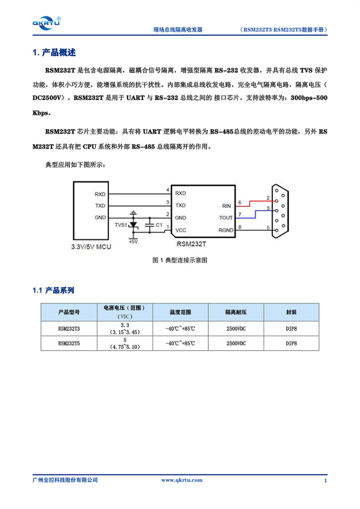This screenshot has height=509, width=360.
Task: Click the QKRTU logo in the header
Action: point(46,22)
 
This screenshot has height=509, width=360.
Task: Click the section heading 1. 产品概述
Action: point(54,52)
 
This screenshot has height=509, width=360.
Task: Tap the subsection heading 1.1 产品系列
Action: point(53,291)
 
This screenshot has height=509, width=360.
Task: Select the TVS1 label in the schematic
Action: point(121,225)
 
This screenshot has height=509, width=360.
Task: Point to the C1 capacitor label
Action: point(159,225)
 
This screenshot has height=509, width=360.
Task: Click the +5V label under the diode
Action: point(133,241)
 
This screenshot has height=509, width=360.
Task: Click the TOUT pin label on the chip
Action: point(226,218)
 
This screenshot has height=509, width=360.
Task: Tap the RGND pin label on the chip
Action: point(226,230)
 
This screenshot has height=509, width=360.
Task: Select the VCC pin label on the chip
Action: point(180,230)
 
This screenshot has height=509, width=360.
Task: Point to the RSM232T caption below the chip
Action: point(192,244)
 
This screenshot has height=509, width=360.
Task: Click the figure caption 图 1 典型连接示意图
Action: point(180,260)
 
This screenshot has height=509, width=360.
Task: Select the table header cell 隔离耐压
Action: point(236,312)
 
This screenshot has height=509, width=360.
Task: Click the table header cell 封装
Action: point(291,312)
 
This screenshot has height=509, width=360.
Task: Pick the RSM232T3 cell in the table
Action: point(69,329)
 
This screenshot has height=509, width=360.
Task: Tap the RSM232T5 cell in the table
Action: point(69,343)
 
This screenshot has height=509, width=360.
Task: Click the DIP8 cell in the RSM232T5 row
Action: point(291,343)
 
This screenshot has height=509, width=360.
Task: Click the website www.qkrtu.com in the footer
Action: point(181,481)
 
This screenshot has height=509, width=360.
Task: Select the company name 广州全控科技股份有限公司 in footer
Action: point(65,481)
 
